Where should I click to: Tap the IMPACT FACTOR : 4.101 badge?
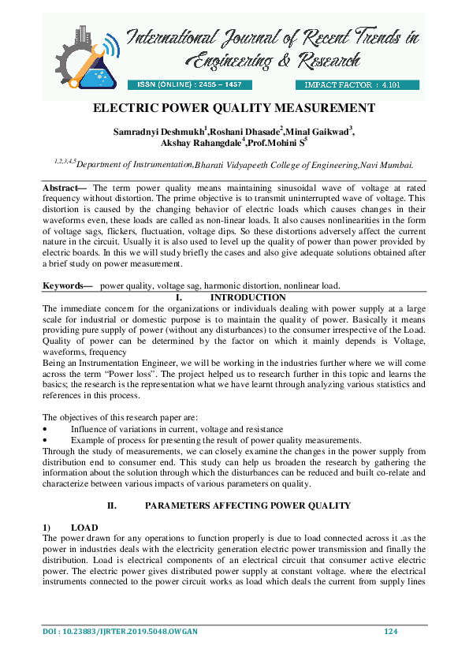(356, 84)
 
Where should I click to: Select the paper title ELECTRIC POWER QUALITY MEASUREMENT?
(235, 108)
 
